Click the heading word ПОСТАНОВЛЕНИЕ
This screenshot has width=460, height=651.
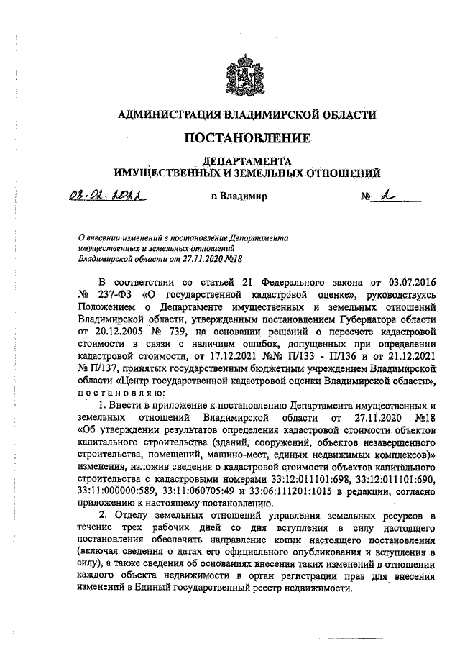pyautogui.click(x=249, y=137)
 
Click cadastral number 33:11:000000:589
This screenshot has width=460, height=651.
pyautogui.click(x=111, y=493)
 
